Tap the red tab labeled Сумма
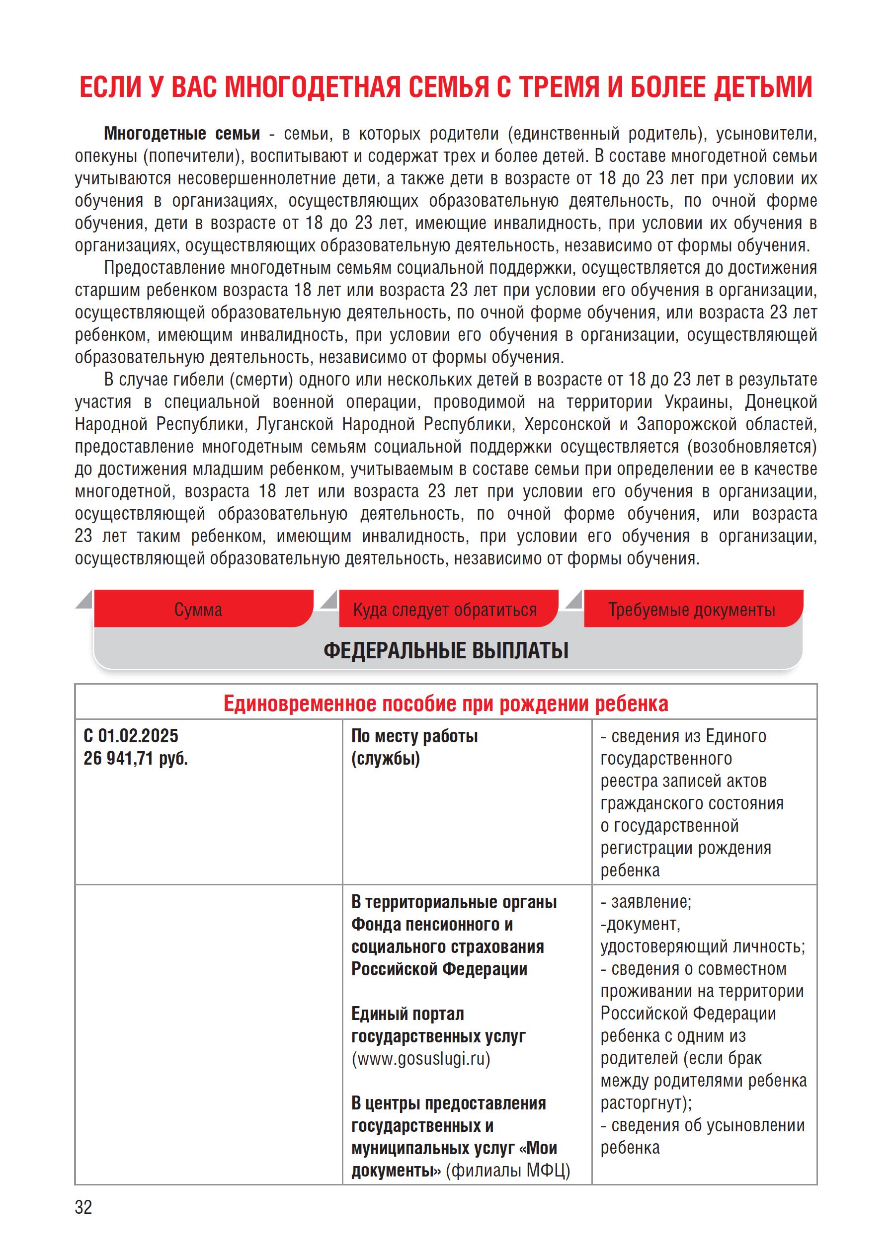click(x=198, y=610)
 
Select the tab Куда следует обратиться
click(x=445, y=610)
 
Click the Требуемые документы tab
click(x=692, y=610)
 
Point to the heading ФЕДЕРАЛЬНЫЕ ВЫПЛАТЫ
click(x=446, y=651)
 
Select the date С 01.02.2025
click(x=131, y=736)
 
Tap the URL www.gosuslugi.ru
click(x=421, y=1058)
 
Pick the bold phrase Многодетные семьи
click(x=182, y=134)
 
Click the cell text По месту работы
click(x=414, y=736)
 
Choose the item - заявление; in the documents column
click(x=646, y=902)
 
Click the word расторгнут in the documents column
click(x=643, y=1103)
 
